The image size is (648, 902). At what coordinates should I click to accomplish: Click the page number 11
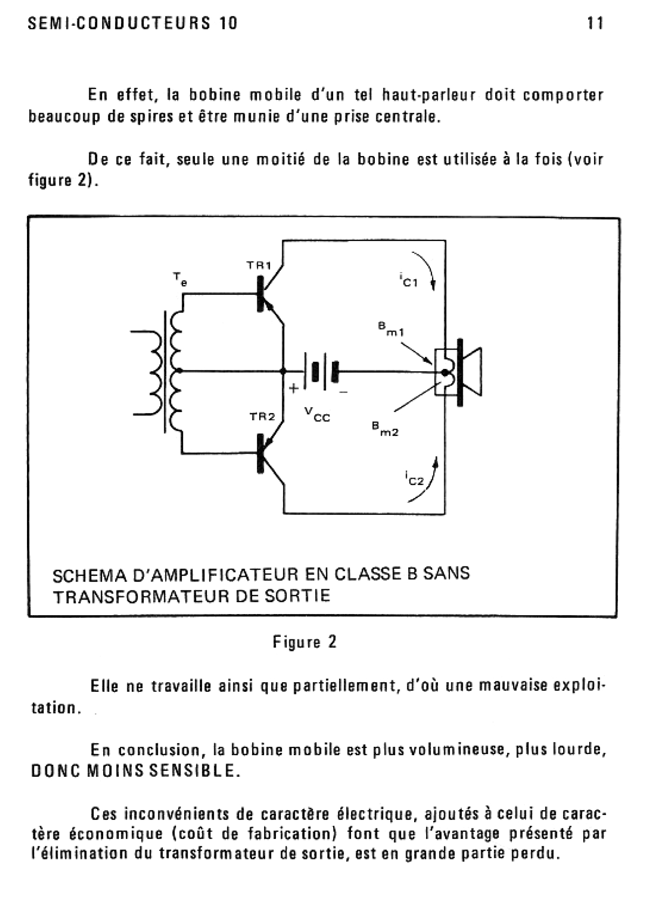click(x=595, y=24)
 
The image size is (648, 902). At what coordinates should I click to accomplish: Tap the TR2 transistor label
click(x=262, y=416)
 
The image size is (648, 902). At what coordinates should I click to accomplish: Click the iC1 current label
click(x=408, y=280)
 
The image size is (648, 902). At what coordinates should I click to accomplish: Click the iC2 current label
click(x=414, y=479)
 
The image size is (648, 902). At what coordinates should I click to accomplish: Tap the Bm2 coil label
click(x=385, y=429)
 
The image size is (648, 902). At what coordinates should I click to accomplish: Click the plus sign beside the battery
click(x=293, y=388)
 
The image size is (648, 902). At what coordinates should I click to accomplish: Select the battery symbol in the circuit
click(x=321, y=372)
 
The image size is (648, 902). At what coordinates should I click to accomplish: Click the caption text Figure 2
click(x=305, y=642)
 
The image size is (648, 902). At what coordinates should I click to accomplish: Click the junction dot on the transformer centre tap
click(x=179, y=371)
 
